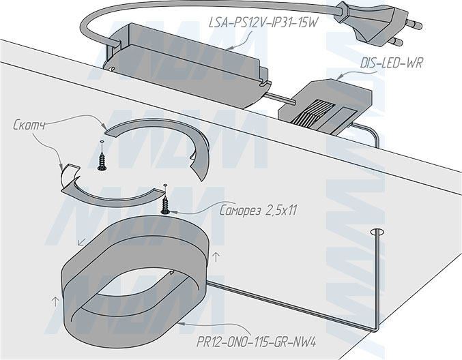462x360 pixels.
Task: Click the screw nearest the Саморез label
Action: [166, 202]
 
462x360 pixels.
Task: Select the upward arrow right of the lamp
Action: [216, 257]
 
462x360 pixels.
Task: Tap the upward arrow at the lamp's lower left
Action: [51, 300]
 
